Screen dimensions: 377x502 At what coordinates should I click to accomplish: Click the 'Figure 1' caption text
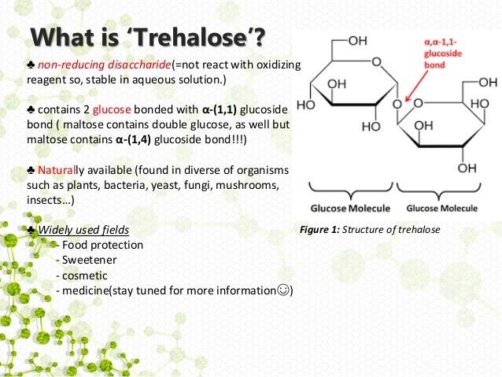tap(369, 230)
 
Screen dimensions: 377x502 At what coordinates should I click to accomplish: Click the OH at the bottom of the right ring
tap(467, 168)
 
